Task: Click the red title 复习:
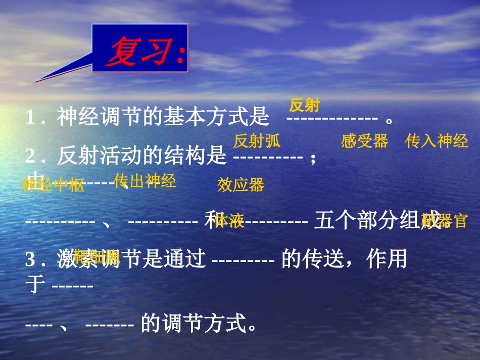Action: pos(145,52)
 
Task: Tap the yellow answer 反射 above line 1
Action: pos(305,106)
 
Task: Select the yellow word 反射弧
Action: pos(257,141)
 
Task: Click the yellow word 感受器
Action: pos(364,141)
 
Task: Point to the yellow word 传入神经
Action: pos(437,141)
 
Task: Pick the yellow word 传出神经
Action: pos(145,181)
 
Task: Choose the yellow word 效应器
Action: pos(241,185)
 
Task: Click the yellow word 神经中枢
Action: pos(53,185)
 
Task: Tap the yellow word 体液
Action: pos(229,221)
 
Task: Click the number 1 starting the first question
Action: pos(30,119)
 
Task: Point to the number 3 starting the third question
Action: pos(30,260)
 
